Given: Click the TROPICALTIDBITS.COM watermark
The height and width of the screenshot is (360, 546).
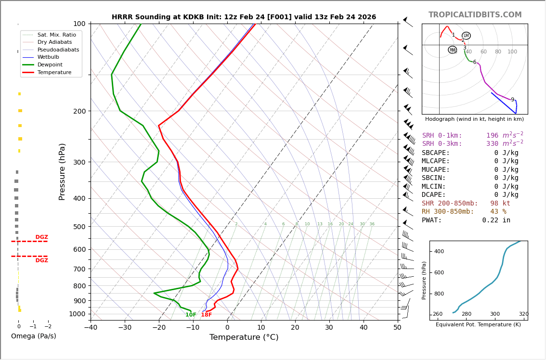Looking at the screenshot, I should tap(475, 15).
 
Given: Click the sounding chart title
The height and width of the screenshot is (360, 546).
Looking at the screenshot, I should tap(244, 17).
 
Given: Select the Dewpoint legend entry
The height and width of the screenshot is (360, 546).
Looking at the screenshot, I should tap(50, 64).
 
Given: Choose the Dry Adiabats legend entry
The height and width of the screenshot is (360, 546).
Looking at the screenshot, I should tap(55, 42).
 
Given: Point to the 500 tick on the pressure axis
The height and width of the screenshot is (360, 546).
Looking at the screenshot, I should tap(79, 227).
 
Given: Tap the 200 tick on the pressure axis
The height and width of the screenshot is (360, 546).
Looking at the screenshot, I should tap(79, 111).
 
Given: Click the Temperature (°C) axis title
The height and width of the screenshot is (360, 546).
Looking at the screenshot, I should tap(244, 337).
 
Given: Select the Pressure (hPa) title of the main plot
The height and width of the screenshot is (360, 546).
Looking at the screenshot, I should tap(63, 171).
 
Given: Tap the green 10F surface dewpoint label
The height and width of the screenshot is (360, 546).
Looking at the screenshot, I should tap(191, 315).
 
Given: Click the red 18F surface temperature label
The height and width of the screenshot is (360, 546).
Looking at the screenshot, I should tap(207, 315).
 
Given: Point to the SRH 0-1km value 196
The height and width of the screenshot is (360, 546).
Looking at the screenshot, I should tap(492, 136).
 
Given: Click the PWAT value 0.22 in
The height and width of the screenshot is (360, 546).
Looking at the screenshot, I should tap(496, 220).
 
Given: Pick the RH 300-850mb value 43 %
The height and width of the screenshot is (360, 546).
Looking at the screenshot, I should tap(498, 212).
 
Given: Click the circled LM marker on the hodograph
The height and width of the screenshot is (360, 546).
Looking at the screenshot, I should tap(466, 36).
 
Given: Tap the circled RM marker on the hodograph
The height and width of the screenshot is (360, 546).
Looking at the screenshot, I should tap(452, 50).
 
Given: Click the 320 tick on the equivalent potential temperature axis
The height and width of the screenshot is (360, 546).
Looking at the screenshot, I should tap(523, 314).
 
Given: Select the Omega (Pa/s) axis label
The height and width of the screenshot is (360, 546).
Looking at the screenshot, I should tap(34, 336).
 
